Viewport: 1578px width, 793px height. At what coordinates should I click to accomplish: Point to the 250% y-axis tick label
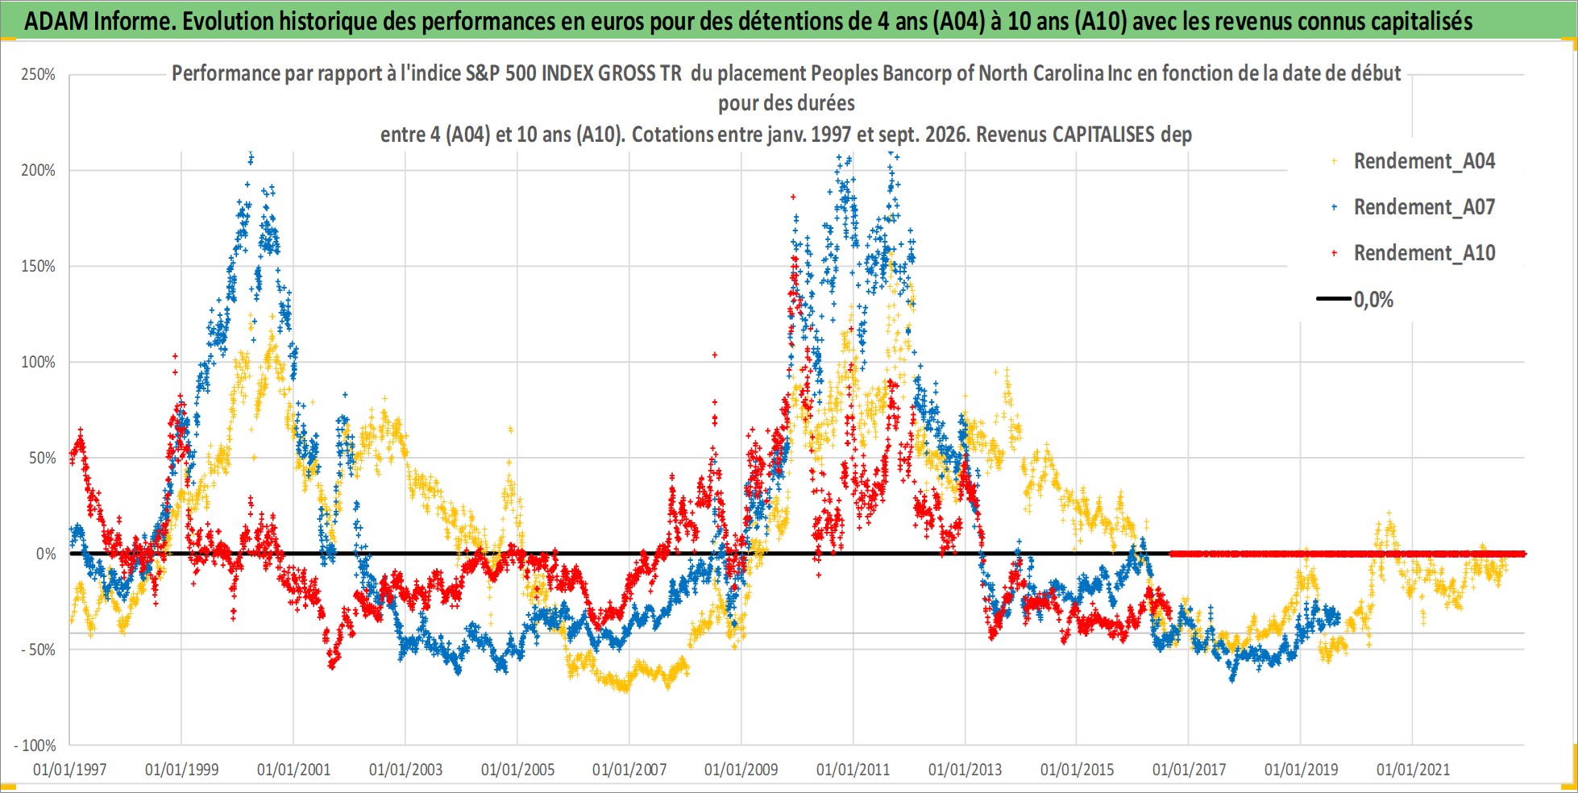pos(38,75)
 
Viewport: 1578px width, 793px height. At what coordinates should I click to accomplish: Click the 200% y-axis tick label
pos(38,170)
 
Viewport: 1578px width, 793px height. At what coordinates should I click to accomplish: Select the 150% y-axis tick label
pos(38,266)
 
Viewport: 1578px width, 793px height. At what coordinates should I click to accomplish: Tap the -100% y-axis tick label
pos(35,745)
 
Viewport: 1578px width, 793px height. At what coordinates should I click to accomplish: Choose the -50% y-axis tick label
pos(39,650)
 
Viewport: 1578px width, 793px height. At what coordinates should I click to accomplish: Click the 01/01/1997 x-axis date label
pos(70,770)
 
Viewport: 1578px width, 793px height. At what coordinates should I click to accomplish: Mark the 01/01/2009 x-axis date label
pos(741,770)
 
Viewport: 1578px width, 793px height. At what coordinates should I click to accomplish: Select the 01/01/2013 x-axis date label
pos(965,770)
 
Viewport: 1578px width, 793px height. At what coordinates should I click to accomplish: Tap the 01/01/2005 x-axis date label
pos(517,770)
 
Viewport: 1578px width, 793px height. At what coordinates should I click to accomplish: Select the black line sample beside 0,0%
pos(1333,299)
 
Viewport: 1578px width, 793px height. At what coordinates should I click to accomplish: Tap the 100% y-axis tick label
pos(38,362)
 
